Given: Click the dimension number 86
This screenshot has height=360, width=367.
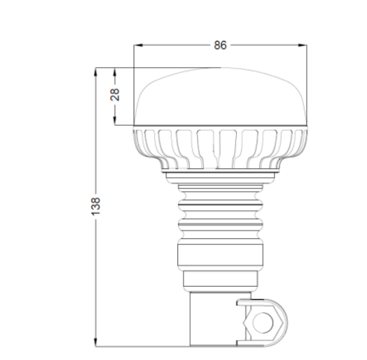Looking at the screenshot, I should [x=220, y=46].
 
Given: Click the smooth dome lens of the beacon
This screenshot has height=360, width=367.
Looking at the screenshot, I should [x=220, y=96].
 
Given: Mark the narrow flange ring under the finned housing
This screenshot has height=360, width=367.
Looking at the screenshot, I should [x=220, y=176].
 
